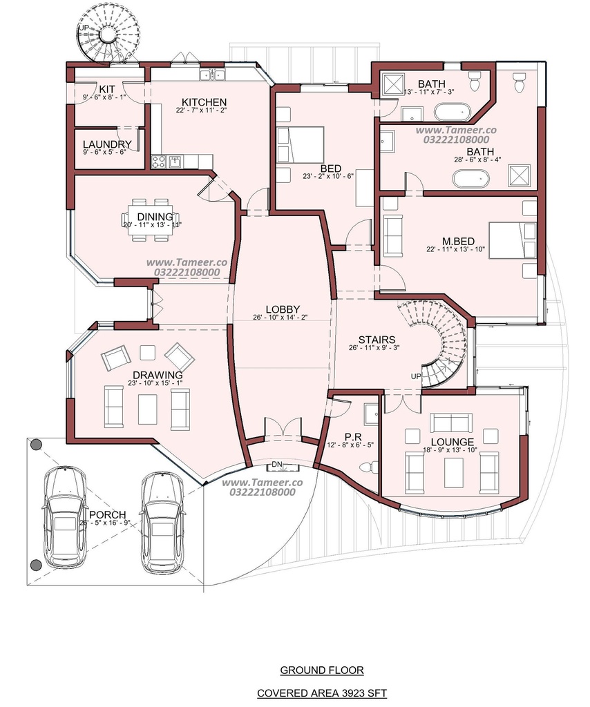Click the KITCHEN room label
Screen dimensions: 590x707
pos(204,102)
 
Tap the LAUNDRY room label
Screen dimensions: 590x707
pos(107,144)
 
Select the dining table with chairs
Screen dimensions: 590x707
pos(151,220)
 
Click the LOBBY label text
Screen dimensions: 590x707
pos(283,309)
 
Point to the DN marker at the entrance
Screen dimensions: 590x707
pos(276,465)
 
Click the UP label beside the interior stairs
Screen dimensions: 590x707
pos(415,376)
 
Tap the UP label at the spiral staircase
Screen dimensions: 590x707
pos(84,28)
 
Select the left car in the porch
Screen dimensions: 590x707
pos(65,518)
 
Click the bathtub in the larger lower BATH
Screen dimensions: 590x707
pos(471,179)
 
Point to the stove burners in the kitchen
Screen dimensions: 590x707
pos(158,162)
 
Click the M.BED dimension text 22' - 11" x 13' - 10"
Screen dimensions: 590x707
pos(455,249)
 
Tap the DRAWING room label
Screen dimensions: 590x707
pos(158,375)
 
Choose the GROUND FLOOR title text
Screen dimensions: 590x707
pos(322,670)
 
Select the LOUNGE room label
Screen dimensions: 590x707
pos(453,442)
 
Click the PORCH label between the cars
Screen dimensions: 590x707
pos(107,514)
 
